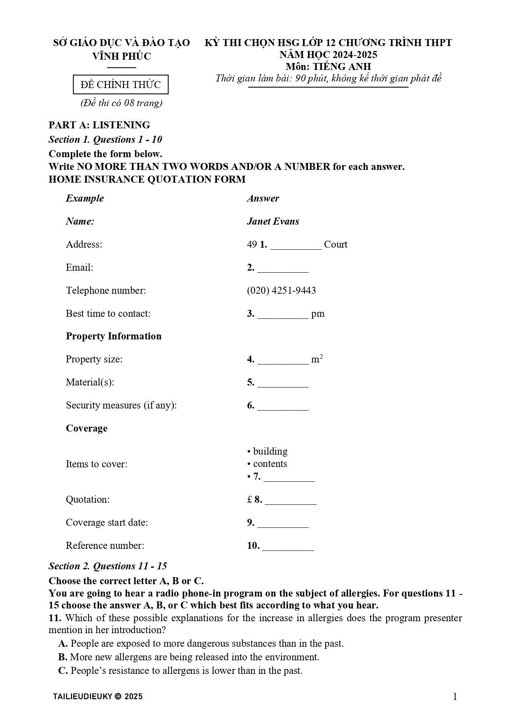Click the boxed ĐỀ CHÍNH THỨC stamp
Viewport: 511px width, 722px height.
click(121, 85)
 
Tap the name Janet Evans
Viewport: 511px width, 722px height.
click(273, 221)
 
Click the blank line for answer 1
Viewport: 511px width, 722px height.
click(296, 246)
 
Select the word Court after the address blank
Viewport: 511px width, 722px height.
click(336, 244)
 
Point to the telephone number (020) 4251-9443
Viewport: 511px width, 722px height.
click(281, 290)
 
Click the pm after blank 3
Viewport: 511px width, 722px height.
click(318, 314)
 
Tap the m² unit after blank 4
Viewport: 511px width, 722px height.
click(317, 359)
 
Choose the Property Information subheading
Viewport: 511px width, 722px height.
click(114, 336)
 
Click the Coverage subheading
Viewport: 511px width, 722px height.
click(86, 428)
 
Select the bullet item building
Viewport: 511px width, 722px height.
click(270, 451)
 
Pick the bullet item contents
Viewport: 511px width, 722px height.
click(270, 464)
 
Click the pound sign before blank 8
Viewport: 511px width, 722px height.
click(250, 499)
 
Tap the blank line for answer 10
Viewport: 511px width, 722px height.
click(288, 547)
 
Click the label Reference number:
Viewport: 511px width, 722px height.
click(105, 546)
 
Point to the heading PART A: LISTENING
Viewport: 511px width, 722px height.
click(99, 125)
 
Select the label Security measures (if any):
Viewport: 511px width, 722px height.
click(121, 405)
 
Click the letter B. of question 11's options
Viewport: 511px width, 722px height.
click(63, 657)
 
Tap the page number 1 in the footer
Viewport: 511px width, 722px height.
click(455, 696)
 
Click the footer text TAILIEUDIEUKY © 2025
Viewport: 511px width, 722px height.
click(98, 696)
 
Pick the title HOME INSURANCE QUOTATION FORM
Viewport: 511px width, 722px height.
click(147, 179)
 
